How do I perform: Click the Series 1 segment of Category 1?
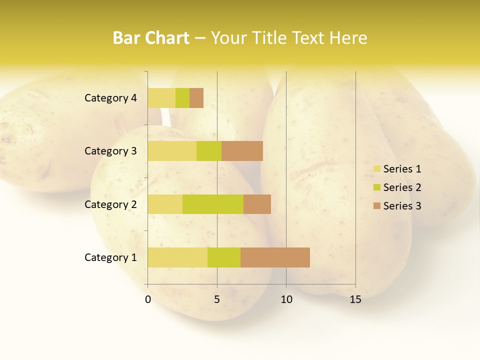(x=177, y=257)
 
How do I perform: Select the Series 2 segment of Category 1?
(x=224, y=257)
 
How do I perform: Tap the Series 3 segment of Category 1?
(x=275, y=257)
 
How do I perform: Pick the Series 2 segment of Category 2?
(x=213, y=204)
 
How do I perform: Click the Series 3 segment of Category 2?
(x=257, y=204)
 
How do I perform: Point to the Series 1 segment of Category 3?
(x=172, y=151)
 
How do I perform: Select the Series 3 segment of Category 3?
(x=242, y=151)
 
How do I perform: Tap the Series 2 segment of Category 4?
(x=182, y=98)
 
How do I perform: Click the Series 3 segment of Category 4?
(x=196, y=98)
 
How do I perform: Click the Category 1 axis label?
(x=110, y=257)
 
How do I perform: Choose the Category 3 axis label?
(x=110, y=151)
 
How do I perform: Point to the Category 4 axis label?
(x=110, y=98)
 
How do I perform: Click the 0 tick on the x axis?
(x=148, y=300)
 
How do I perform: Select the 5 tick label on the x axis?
(x=217, y=300)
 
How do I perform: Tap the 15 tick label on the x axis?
(x=355, y=300)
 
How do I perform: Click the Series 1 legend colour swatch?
(x=376, y=169)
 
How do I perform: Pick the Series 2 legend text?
(x=402, y=187)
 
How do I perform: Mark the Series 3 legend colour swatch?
(x=376, y=206)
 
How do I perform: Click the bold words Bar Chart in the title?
(x=151, y=38)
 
